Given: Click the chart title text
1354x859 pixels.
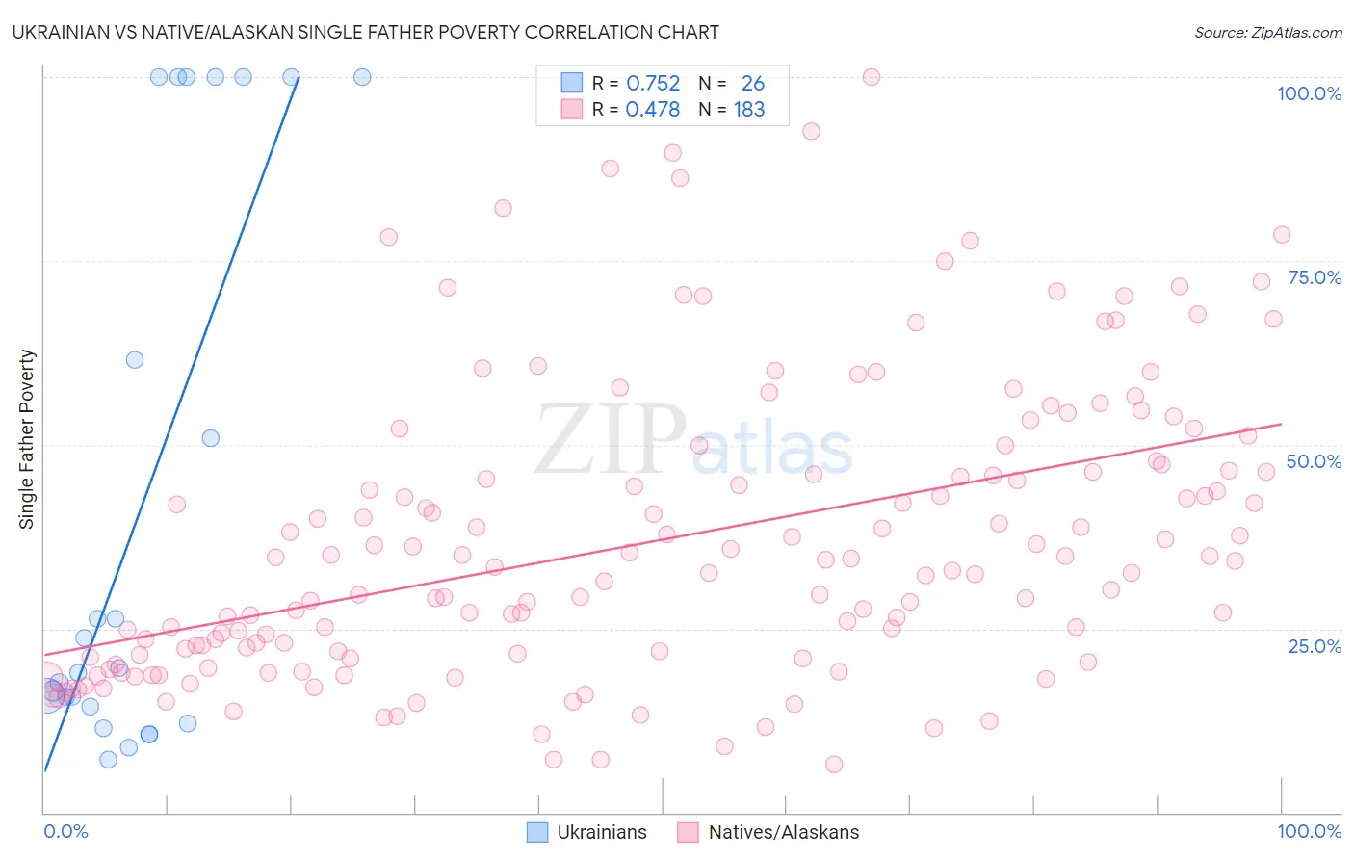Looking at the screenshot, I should [366, 32].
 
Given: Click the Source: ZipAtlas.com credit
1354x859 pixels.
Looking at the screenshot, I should [1267, 32].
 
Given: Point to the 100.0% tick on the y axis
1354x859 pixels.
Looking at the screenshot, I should [1309, 93].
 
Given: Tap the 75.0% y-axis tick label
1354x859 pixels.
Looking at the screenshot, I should [1315, 277].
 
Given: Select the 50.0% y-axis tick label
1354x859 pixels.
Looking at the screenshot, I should [1314, 461].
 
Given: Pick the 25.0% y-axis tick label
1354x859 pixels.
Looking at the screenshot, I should [1315, 645].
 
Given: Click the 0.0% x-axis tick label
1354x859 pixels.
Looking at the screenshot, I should [65, 831].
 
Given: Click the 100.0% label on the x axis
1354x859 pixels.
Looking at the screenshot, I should [1309, 831].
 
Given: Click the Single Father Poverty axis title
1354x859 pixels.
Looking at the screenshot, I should [27, 439].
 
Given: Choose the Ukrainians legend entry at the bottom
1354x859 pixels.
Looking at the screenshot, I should [587, 832].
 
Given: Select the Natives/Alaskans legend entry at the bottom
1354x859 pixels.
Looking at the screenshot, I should [768, 832].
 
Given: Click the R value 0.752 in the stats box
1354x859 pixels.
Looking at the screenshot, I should [653, 84].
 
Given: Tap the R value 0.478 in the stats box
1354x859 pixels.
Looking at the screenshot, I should [653, 110].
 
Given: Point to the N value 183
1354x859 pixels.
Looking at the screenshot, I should [749, 110].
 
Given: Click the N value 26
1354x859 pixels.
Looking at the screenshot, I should [752, 84].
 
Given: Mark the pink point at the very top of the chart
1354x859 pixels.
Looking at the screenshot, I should [872, 77].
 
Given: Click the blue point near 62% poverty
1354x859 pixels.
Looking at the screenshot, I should [135, 360].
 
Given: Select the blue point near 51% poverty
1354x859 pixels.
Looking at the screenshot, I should [210, 438].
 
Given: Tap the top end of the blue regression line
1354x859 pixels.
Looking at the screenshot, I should [299, 78].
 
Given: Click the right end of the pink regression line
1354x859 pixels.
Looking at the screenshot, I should [1281, 424].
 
